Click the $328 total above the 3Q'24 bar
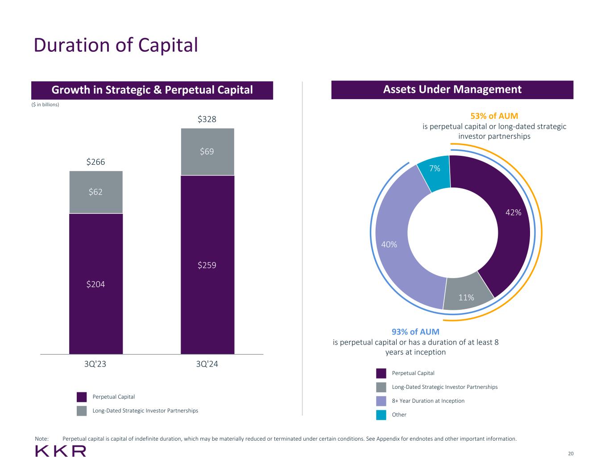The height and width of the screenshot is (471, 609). coord(207,119)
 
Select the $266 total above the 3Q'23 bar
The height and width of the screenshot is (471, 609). coord(95,162)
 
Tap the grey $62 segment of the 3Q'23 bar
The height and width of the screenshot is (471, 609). coord(95,192)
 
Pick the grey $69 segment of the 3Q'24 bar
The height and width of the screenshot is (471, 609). coord(207,152)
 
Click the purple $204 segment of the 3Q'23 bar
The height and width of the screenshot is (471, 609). coord(95,284)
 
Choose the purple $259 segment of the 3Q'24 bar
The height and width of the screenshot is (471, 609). coord(207,265)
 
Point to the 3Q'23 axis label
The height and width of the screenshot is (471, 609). coord(95,364)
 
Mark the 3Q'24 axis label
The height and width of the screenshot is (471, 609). coord(207,364)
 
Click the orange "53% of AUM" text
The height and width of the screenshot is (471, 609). coord(494,116)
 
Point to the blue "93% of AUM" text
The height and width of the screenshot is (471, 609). coord(415,332)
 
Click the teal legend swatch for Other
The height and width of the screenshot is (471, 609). coord(381,415)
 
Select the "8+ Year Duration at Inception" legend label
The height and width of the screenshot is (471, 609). coord(428,401)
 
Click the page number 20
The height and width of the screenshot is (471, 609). coord(571,454)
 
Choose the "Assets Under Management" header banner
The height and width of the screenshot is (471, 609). coord(452,90)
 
